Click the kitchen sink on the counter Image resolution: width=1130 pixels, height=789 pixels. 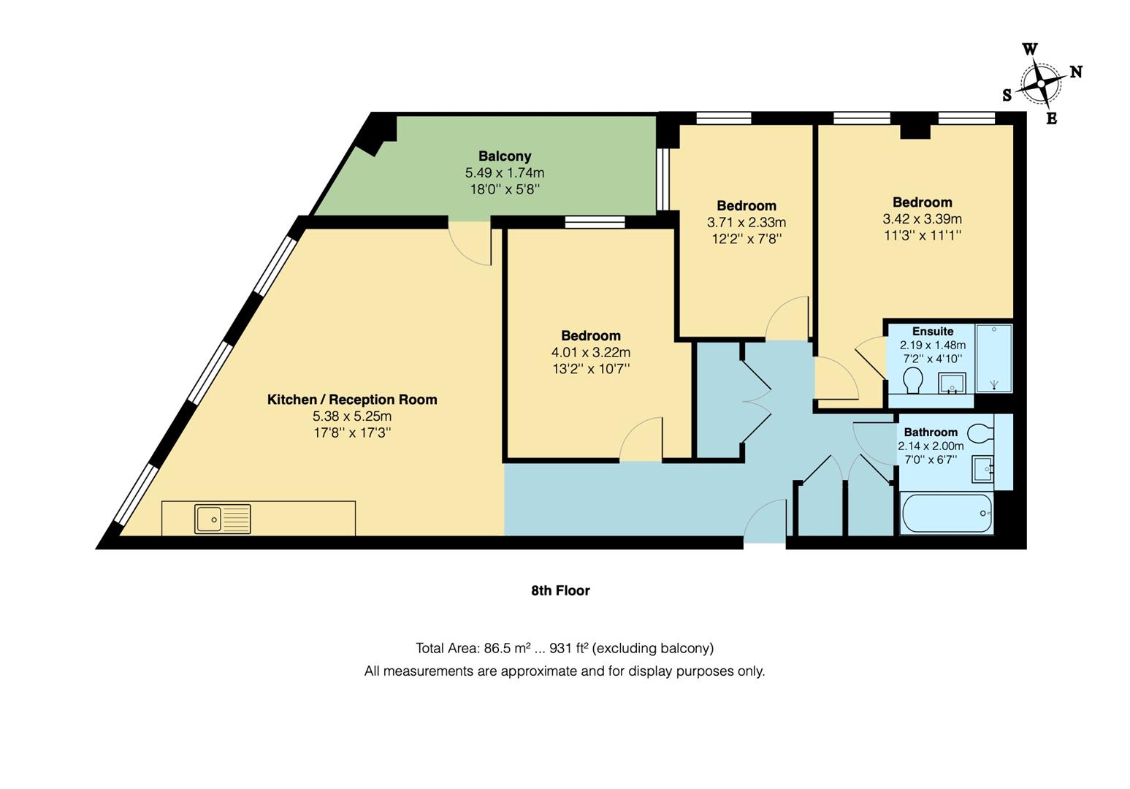click(222, 519)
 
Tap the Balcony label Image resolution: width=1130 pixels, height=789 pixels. click(505, 156)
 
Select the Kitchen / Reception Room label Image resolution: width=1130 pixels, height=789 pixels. click(352, 400)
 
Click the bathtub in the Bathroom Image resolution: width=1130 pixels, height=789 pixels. click(947, 514)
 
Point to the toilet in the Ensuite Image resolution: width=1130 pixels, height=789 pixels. click(912, 380)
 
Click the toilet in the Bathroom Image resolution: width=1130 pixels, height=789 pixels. click(981, 432)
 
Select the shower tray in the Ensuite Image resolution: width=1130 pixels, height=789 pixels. click(993, 358)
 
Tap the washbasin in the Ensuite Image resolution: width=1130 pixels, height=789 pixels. click(952, 383)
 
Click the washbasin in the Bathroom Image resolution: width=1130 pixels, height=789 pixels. click(982, 468)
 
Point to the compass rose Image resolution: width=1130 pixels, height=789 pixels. click(1040, 84)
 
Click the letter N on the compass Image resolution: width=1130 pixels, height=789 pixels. click(1075, 72)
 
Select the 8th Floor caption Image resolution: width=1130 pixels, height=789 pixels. click(560, 590)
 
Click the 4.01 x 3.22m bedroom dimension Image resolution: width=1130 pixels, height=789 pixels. click(591, 352)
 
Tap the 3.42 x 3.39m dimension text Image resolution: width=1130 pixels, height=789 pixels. click(922, 219)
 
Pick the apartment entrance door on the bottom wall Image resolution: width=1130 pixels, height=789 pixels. click(764, 522)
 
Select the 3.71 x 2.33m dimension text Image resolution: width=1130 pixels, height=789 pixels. click(746, 222)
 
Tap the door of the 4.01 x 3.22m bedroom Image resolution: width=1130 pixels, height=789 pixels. click(641, 440)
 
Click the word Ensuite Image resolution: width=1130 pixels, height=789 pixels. click(932, 331)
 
